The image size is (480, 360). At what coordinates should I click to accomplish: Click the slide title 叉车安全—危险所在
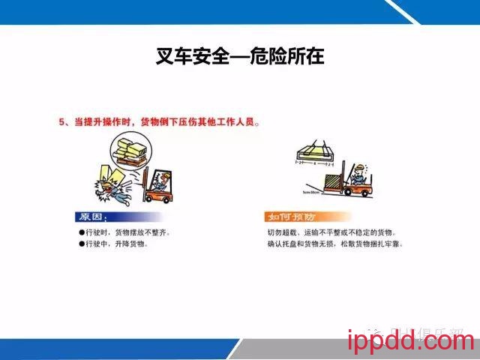(x=239, y=56)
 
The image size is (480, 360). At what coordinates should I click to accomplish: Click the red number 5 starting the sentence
(x=62, y=121)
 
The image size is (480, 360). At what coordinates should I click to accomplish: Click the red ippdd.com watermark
(x=412, y=342)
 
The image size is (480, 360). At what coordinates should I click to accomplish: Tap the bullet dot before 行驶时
(x=82, y=233)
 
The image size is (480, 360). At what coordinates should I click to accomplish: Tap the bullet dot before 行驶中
(x=82, y=244)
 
